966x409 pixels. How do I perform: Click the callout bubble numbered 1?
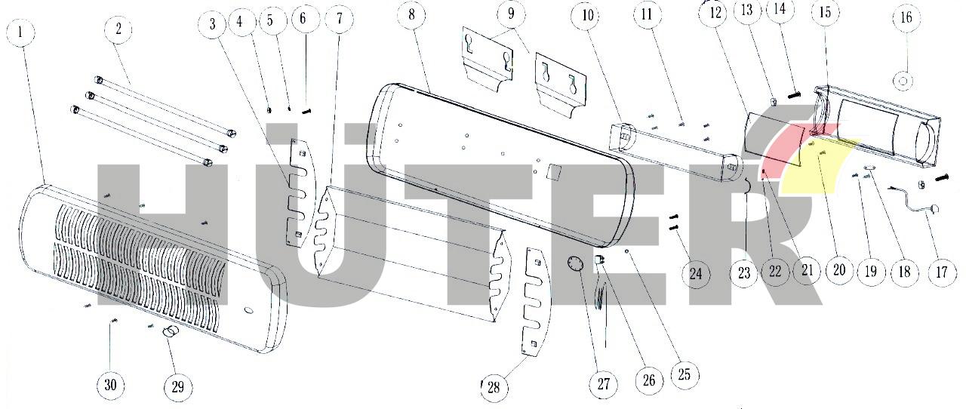click(x=21, y=33)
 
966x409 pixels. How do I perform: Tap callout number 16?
click(x=906, y=17)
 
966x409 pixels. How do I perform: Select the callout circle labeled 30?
click(x=110, y=384)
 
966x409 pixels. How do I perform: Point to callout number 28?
click(x=494, y=387)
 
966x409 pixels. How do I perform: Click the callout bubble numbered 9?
click(x=511, y=14)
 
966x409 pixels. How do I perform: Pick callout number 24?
click(x=695, y=273)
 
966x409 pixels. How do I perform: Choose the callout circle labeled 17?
click(x=941, y=272)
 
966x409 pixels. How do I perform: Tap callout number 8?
click(x=411, y=14)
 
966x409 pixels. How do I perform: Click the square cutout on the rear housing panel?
click(x=553, y=171)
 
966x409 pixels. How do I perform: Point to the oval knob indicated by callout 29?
click(x=171, y=332)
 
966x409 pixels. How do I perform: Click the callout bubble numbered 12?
click(x=715, y=13)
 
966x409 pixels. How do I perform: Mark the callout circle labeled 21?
click(x=807, y=270)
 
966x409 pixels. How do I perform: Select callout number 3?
click(x=212, y=23)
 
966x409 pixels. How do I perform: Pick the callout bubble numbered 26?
click(x=648, y=380)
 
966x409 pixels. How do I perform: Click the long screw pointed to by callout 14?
click(x=794, y=94)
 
